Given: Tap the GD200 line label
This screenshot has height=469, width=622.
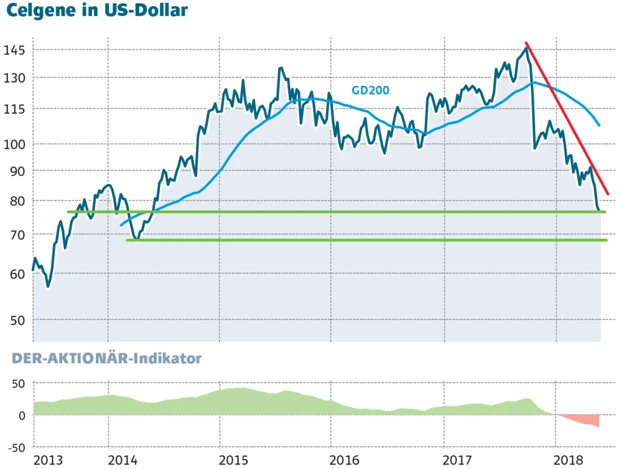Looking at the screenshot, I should tap(370, 90).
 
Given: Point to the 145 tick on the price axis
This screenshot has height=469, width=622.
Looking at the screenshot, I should tap(14, 50).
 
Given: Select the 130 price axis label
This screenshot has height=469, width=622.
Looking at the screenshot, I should tap(14, 78).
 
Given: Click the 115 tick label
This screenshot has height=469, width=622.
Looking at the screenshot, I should tap(14, 109).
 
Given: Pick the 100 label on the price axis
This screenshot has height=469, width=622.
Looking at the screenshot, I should tap(14, 144).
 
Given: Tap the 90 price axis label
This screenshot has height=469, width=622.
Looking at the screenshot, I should tap(17, 170).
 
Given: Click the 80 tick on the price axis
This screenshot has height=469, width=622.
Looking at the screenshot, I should tap(17, 201).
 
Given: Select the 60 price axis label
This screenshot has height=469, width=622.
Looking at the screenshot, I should tap(17, 273).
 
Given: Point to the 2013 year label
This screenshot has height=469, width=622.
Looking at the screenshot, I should tap(48, 460).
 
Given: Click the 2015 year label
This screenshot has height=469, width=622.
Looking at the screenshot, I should tap(234, 460).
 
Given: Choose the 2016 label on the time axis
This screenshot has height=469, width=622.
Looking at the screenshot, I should tap(345, 460).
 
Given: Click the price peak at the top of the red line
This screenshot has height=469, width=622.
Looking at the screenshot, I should tap(526, 46).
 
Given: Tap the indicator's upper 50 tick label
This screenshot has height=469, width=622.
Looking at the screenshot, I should tap(18, 383).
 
